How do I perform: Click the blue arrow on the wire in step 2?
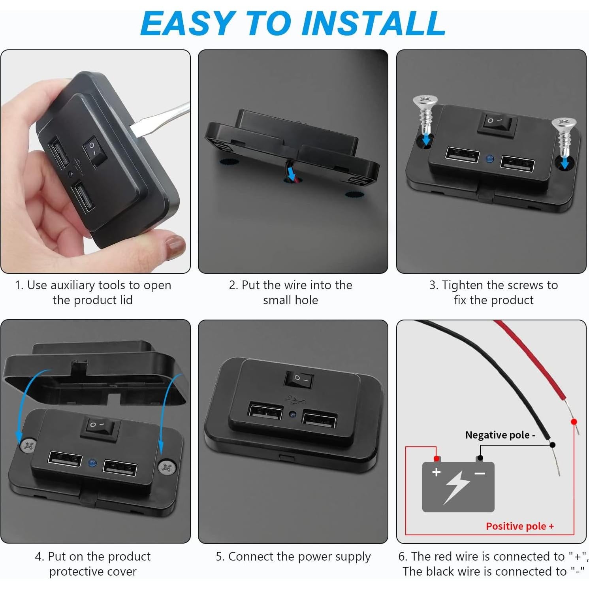[x=291, y=173]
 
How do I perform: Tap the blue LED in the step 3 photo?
[x=490, y=159]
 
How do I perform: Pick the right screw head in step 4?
[x=166, y=468]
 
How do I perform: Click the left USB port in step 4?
[x=65, y=459]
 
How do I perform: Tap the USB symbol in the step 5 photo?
[x=293, y=400]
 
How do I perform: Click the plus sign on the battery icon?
[x=436, y=472]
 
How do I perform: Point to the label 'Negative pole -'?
[x=500, y=435]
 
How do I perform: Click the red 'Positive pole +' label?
[x=519, y=526]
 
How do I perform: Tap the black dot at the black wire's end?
[x=553, y=445]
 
